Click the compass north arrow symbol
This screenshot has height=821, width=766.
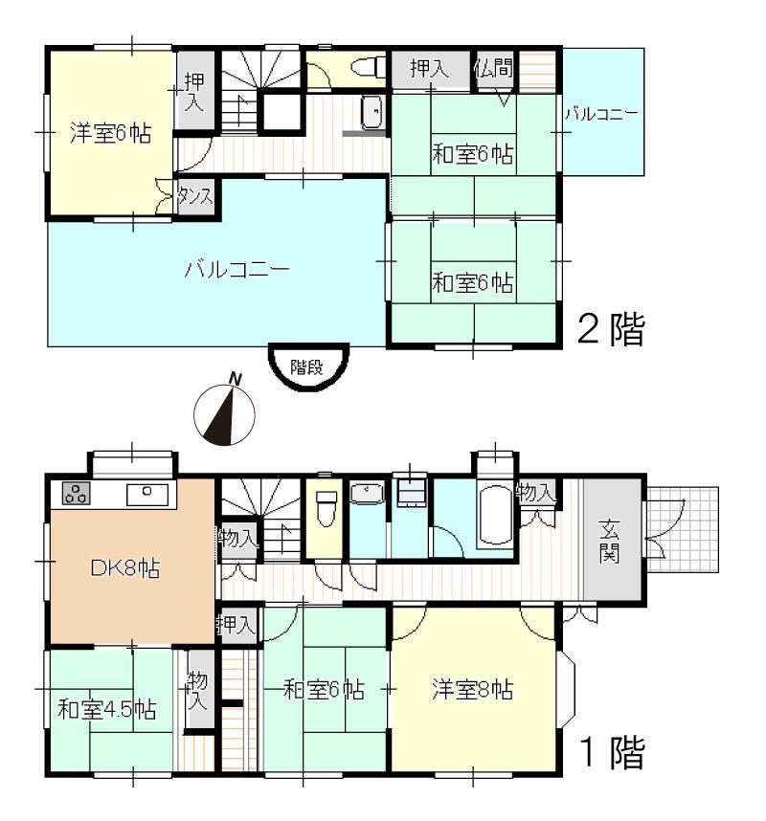(225, 412)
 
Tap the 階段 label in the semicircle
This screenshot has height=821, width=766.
(307, 366)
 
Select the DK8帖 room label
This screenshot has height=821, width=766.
(125, 567)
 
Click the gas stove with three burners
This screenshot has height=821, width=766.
(76, 493)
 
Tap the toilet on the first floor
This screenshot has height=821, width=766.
(327, 508)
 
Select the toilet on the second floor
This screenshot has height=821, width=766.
(369, 68)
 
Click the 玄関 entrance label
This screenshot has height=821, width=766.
(609, 541)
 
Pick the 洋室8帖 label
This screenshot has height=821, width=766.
(473, 689)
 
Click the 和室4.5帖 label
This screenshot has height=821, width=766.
(107, 710)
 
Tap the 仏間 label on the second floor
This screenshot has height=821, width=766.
(493, 68)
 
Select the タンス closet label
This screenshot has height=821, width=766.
(195, 197)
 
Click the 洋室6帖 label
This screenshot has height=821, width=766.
(111, 133)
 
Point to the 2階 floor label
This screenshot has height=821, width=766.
(611, 329)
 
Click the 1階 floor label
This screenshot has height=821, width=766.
(613, 752)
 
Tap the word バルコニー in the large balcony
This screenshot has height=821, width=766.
(237, 269)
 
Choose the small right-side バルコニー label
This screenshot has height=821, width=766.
(601, 113)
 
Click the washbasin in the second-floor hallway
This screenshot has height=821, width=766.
(373, 112)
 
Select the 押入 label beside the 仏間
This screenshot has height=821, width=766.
(430, 69)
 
